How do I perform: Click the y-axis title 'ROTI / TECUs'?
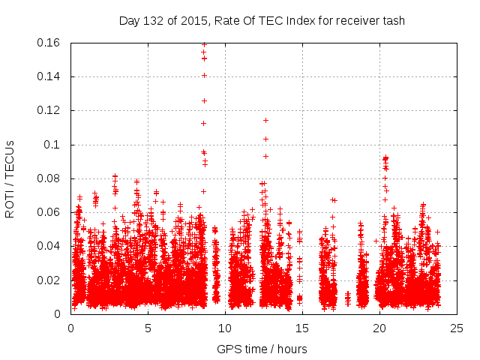coord(10,178)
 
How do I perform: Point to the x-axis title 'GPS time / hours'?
coord(262,349)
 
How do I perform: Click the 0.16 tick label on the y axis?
coord(49,43)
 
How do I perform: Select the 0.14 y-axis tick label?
coord(49,76)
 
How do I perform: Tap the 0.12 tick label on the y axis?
coord(49,110)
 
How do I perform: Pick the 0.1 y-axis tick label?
coord(53,145)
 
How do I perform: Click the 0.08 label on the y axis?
coord(49,178)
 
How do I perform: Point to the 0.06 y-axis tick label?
coord(49,212)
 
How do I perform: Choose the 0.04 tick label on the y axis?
coord(49,246)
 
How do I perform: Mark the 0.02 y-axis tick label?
coord(49,280)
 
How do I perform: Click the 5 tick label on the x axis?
coord(148,328)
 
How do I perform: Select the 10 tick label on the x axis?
coord(225,328)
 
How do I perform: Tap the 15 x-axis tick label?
coord(302,328)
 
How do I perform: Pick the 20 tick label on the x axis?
coord(379,328)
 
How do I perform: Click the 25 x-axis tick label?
coord(457,328)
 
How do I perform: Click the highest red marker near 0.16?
coord(204,44)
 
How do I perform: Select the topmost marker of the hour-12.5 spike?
coord(265,120)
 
